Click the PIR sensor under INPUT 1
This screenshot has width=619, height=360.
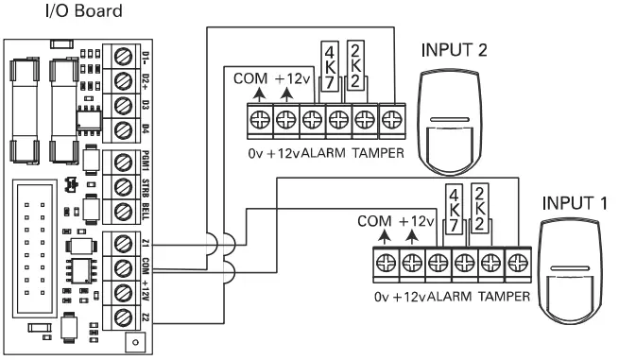(x=573, y=274)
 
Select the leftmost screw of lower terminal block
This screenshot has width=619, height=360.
(x=386, y=260)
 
